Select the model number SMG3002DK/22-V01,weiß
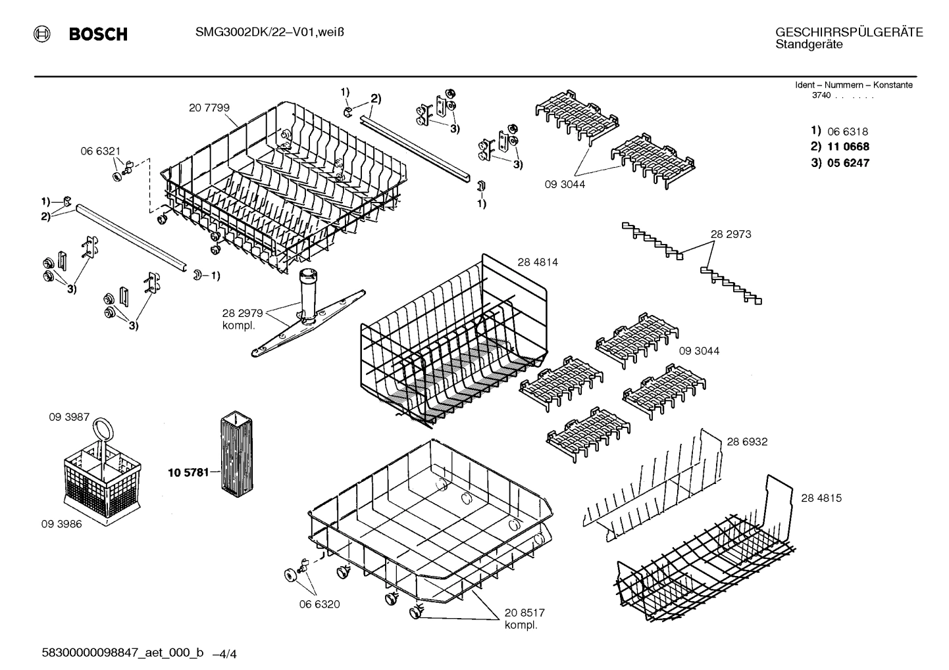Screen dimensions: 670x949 [270, 34]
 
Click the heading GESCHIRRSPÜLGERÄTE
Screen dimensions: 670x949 [849, 32]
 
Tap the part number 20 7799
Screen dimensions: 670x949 [209, 108]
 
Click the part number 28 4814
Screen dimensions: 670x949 [537, 262]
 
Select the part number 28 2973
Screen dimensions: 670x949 [731, 234]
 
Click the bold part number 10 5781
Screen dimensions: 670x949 [188, 472]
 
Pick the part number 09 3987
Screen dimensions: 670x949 [69, 418]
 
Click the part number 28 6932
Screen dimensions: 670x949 [747, 442]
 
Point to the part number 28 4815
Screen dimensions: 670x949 [821, 498]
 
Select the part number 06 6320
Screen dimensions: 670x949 [319, 604]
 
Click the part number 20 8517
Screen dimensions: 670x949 [525, 613]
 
